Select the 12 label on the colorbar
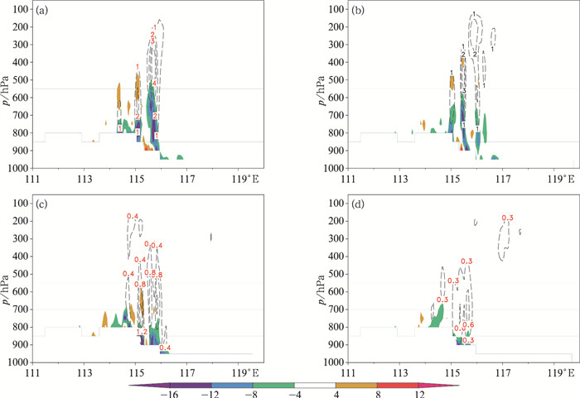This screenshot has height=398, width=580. click(420, 394)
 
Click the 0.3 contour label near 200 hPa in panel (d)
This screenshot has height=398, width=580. click(508, 218)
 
